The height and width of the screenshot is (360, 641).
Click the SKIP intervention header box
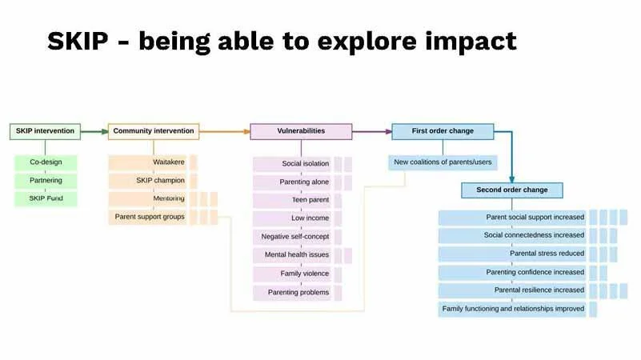(45, 131)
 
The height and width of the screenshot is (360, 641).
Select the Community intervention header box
(153, 131)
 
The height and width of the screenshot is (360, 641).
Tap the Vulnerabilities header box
(301, 131)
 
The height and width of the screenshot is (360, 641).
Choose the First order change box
(443, 131)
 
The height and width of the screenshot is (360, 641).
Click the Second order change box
(512, 190)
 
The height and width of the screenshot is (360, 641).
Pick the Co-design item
(46, 162)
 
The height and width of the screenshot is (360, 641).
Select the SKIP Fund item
(46, 198)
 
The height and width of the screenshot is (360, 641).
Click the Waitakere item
(148, 162)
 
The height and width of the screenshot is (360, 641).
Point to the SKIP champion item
(148, 181)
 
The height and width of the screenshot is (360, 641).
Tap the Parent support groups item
(148, 217)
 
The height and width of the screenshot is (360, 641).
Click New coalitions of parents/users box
(443, 162)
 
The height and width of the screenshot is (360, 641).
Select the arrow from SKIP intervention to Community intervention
(93, 131)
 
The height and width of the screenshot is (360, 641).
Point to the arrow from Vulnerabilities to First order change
(371, 131)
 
